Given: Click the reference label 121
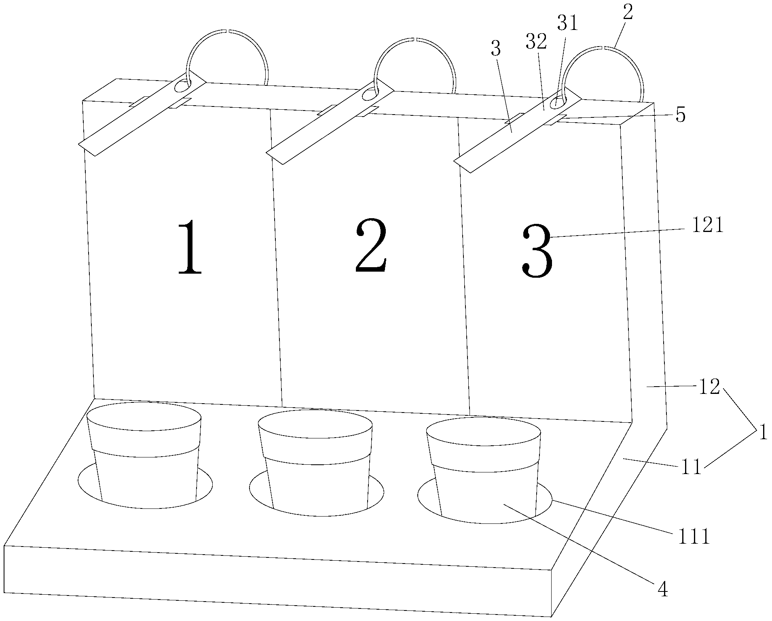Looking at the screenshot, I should point(707,226).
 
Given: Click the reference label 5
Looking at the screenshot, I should point(681,116).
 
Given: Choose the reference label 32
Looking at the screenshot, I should point(537,41).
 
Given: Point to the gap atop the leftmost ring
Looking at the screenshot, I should point(227,31).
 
